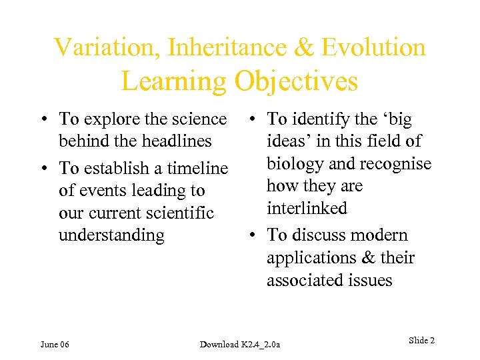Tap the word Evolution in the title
pos(373,47)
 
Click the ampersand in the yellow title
pos(302,47)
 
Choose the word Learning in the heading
pos(174,81)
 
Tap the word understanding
pos(111,235)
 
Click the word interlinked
pos(307,209)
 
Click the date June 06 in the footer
pos(55,344)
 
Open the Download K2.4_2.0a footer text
pos(241,344)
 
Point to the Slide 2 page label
pos(421,341)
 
